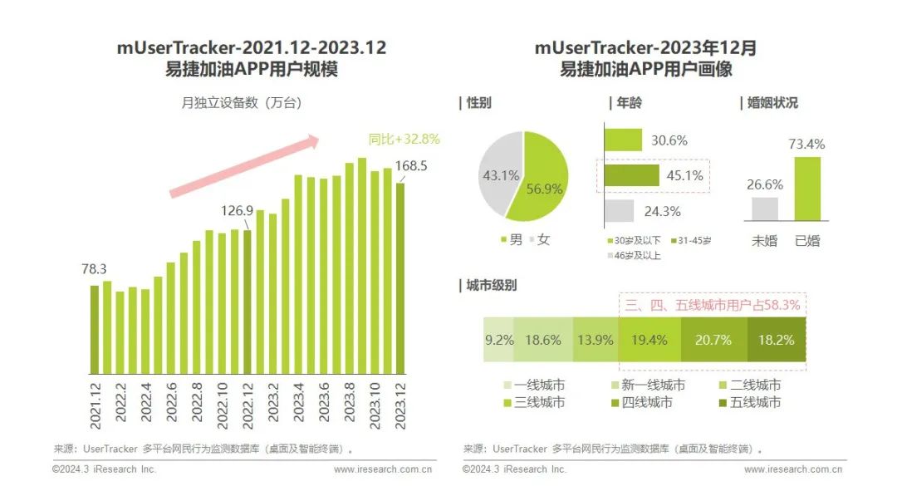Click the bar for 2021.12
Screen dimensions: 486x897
95,328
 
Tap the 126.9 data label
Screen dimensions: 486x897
238,210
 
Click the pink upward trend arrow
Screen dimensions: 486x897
245,165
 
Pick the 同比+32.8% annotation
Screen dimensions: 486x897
404,139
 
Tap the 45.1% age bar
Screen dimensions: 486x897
632,175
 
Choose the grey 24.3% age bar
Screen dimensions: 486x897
619,211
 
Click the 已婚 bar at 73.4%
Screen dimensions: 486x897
806,190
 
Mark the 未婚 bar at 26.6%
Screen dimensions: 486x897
765,209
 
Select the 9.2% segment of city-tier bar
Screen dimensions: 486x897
499,340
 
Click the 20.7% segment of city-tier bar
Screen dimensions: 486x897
714,340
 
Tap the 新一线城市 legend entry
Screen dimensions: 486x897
652,385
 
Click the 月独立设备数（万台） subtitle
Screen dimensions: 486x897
242,104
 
